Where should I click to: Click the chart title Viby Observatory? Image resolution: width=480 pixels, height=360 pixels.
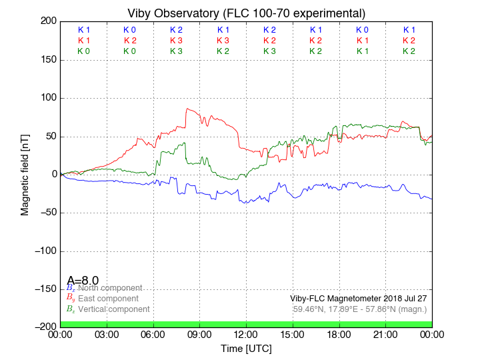click(x=173, y=14)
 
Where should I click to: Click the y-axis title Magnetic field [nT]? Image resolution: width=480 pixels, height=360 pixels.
click(x=25, y=175)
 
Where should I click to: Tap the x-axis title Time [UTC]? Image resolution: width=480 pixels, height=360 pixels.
click(x=247, y=349)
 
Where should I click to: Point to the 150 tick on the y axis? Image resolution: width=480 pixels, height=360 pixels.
click(x=49, y=60)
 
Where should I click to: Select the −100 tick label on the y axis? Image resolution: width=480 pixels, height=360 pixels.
click(x=46, y=251)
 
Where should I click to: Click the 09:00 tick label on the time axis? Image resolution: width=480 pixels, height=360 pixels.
click(x=199, y=335)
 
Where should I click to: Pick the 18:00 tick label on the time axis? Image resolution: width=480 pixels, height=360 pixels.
click(x=339, y=335)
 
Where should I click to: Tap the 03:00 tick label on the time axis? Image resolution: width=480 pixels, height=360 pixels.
click(x=107, y=335)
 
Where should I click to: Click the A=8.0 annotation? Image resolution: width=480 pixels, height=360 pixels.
click(x=83, y=281)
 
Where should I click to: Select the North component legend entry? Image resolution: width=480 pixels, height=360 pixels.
click(x=105, y=288)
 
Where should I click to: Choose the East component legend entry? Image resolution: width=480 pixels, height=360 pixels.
click(x=103, y=299)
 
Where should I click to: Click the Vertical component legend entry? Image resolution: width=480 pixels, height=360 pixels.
click(x=108, y=309)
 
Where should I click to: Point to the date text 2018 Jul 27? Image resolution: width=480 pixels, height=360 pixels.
click(x=405, y=299)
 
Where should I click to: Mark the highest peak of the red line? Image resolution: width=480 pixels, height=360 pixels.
click(x=187, y=109)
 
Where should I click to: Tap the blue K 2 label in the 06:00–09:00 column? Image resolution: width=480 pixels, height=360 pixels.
click(x=176, y=30)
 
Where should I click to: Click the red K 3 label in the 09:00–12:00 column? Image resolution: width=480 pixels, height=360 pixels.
click(x=223, y=41)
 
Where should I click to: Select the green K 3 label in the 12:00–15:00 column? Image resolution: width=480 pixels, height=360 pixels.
click(x=270, y=51)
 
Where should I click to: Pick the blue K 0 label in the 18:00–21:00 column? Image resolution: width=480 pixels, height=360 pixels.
click(x=363, y=30)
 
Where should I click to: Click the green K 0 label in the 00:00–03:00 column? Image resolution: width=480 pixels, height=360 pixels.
click(x=83, y=51)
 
